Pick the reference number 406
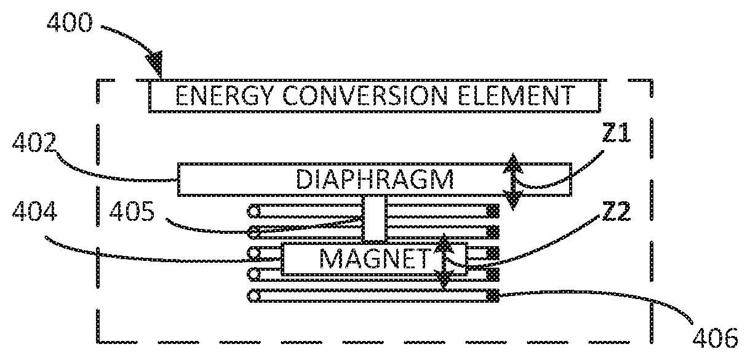point(716,337)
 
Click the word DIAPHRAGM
point(375,180)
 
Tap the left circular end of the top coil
point(252,211)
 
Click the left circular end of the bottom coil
point(252,297)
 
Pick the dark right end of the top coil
point(492,211)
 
